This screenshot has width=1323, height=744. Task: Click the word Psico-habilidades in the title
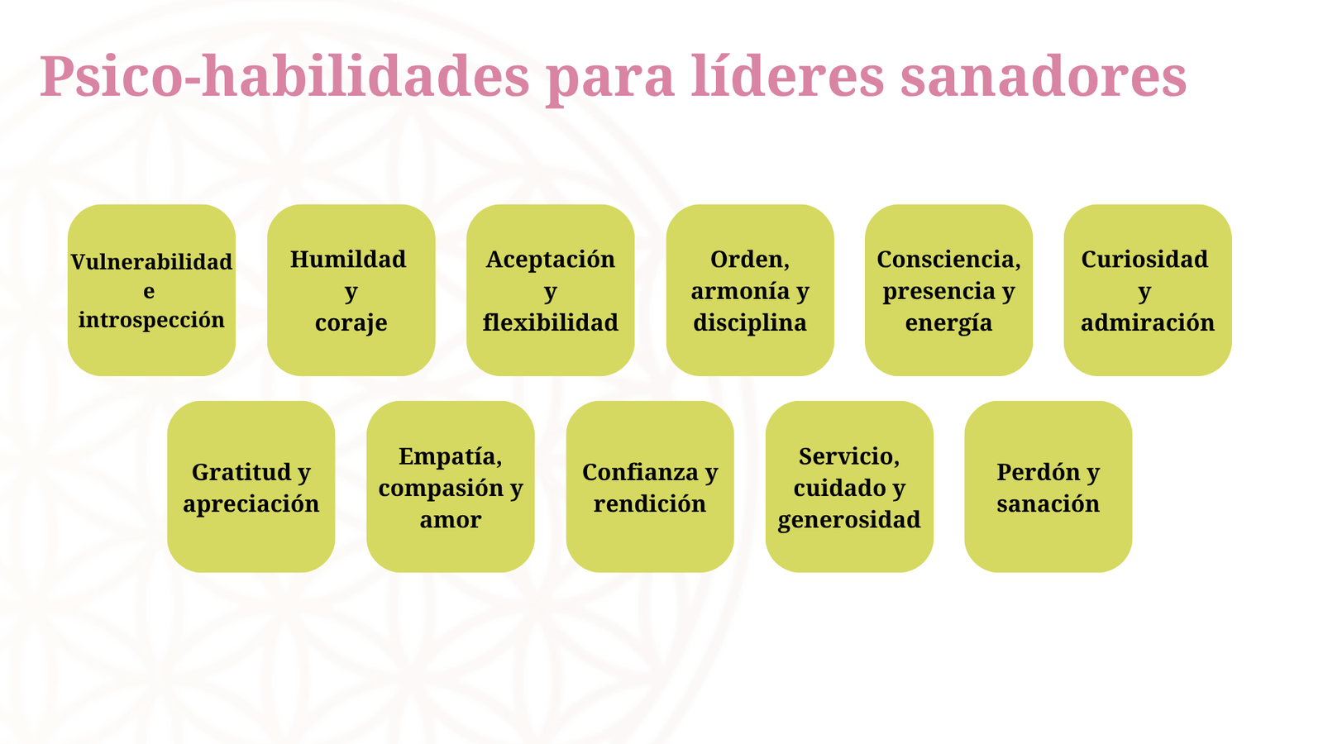point(284,78)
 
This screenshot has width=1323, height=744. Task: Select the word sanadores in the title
point(1044,76)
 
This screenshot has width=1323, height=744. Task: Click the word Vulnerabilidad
point(151,261)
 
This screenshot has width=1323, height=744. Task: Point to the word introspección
point(151,321)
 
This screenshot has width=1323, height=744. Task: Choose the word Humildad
point(348,260)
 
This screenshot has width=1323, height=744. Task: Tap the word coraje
point(351,323)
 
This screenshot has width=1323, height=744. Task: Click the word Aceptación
point(551,260)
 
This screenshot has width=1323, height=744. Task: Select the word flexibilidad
point(551,322)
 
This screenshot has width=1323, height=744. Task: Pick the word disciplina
point(749,323)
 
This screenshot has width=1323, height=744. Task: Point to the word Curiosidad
point(1144,260)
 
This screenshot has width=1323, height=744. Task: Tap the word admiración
point(1148,322)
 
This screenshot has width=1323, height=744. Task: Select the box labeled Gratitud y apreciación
point(251,487)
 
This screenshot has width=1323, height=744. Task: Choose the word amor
point(450,520)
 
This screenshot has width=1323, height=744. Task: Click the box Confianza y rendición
point(650,487)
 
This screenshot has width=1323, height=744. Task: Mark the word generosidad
point(849,520)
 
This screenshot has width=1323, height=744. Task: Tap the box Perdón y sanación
point(1048,487)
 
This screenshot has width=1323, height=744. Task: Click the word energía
point(948,323)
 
